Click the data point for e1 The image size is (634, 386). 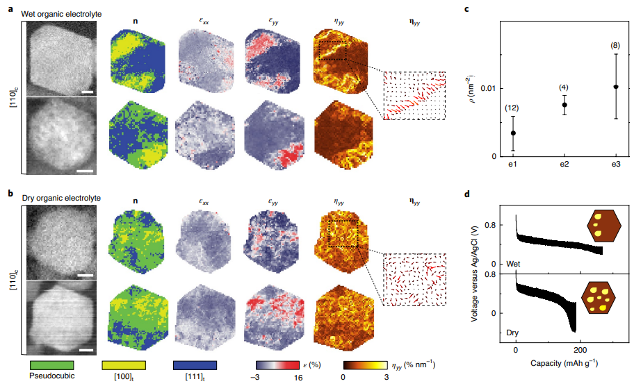(x=513, y=133)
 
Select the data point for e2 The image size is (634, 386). (x=564, y=105)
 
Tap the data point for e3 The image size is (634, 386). (x=616, y=87)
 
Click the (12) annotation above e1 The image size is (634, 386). (x=513, y=108)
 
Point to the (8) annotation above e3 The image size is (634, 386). (x=615, y=46)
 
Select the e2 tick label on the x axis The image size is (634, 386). (x=564, y=164)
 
